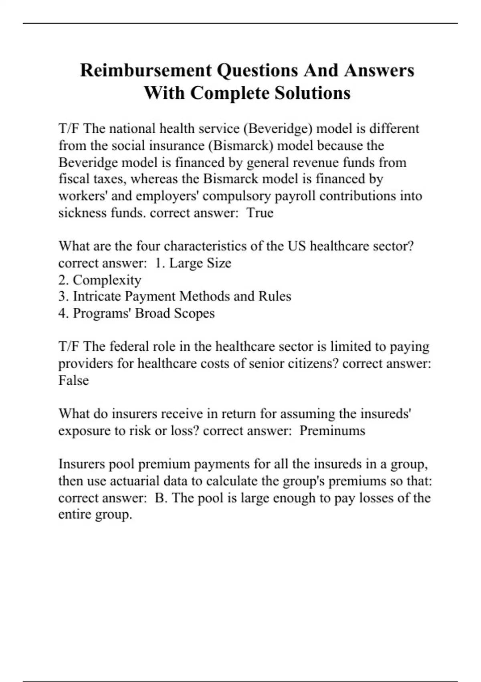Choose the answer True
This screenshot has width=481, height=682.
[x=260, y=213]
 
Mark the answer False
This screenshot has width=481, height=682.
[x=73, y=380]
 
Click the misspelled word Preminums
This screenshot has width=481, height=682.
[x=332, y=431]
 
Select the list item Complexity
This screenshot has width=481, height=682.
[x=107, y=280]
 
